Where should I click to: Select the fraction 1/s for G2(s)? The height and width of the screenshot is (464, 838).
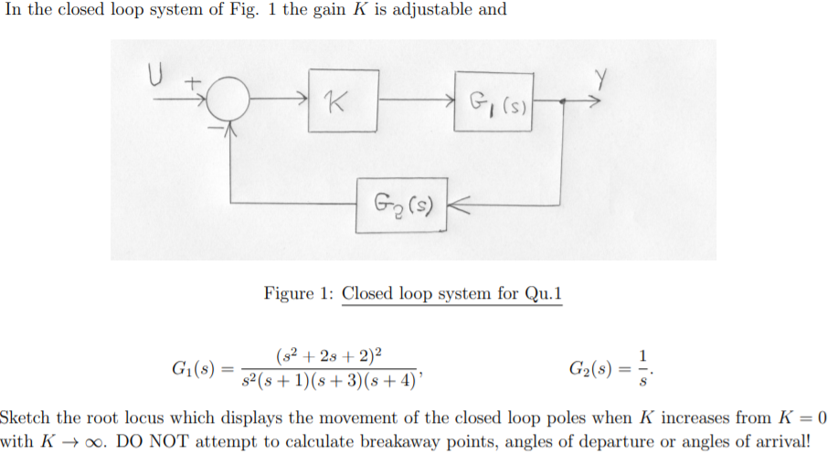645,368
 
